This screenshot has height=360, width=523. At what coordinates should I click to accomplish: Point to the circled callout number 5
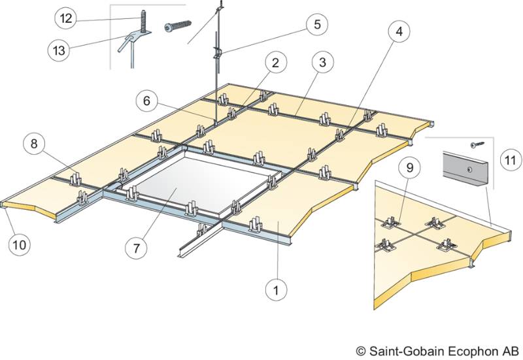[316, 25]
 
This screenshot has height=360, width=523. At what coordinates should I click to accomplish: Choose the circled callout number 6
[147, 101]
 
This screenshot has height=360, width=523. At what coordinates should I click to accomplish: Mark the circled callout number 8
[34, 144]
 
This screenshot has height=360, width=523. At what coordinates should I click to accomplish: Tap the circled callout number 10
[19, 244]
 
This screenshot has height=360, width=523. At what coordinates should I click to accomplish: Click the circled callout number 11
[509, 159]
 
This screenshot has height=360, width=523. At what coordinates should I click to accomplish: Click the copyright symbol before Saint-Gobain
[361, 350]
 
